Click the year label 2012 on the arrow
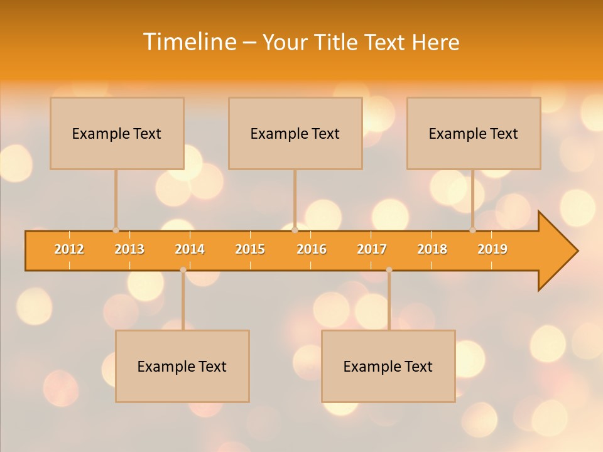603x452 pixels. pyautogui.click(x=69, y=249)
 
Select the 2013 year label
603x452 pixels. pyautogui.click(x=129, y=249)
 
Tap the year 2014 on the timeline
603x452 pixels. pyautogui.click(x=190, y=249)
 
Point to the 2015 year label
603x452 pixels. pyautogui.click(x=250, y=249)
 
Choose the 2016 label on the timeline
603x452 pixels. pyautogui.click(x=312, y=249)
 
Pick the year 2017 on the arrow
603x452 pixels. pyautogui.click(x=372, y=249)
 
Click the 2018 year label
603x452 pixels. pyautogui.click(x=432, y=249)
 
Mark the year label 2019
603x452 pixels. pyautogui.click(x=492, y=249)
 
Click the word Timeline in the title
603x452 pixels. pyautogui.click(x=188, y=42)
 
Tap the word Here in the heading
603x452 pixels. pyautogui.click(x=435, y=42)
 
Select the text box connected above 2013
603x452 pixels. pyautogui.click(x=117, y=133)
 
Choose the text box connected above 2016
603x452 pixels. pyautogui.click(x=295, y=133)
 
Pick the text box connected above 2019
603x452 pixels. pyautogui.click(x=474, y=133)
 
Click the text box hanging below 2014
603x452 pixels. pyautogui.click(x=182, y=366)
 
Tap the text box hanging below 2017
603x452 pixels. pyautogui.click(x=388, y=366)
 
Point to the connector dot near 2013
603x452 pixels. pyautogui.click(x=116, y=230)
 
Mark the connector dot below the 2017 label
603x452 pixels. pyautogui.click(x=389, y=270)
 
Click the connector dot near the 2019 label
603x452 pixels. pyautogui.click(x=473, y=230)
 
